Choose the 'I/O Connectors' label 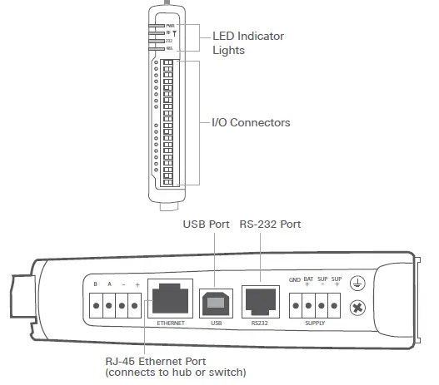point(250,122)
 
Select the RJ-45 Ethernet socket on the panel point(170,296)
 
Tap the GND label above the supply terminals point(294,279)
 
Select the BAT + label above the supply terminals point(308,280)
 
